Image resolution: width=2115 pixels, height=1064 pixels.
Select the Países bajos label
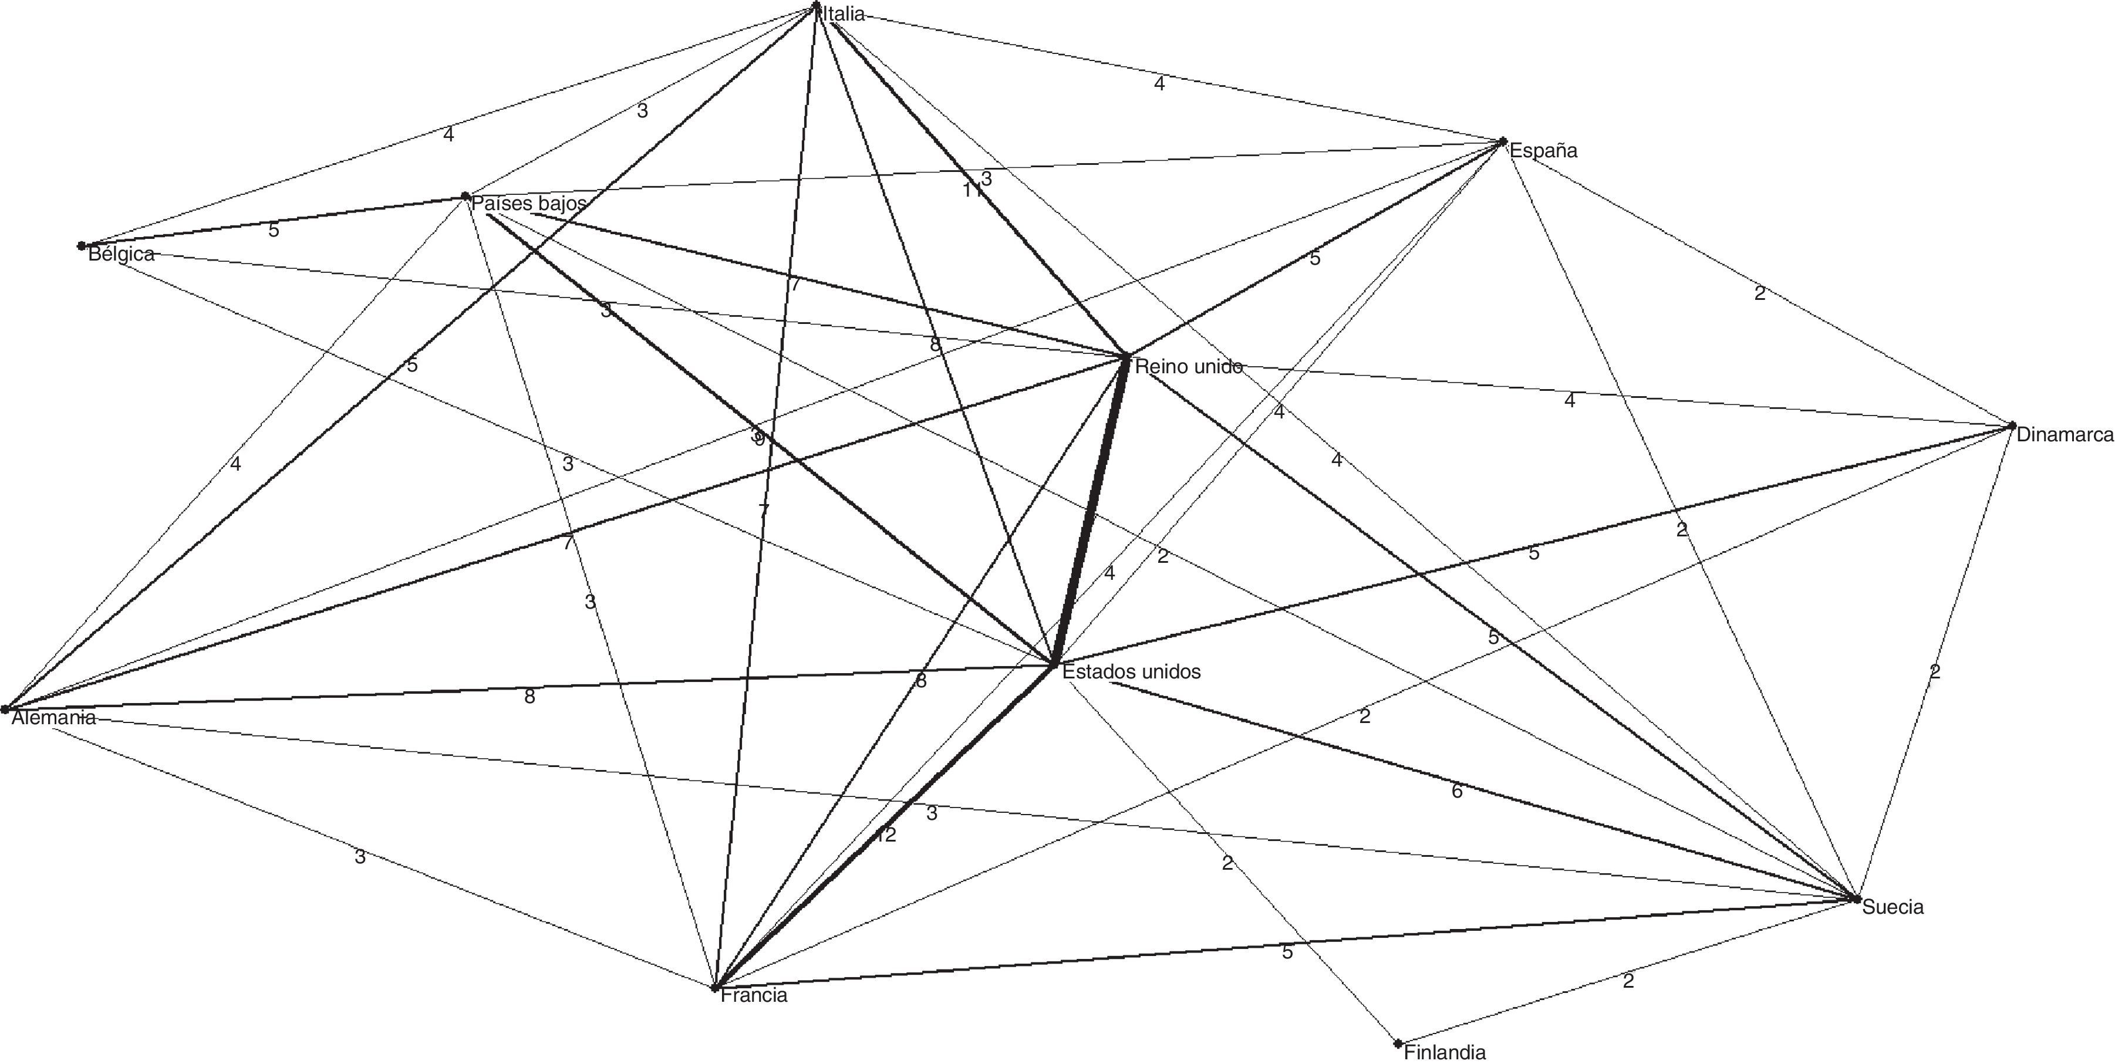point(529,203)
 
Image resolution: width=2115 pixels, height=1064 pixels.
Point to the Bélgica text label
point(122,254)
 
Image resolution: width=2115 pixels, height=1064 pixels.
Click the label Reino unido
point(1188,367)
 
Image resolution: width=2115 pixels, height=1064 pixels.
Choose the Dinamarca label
point(2064,435)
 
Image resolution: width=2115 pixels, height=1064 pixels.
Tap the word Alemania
point(53,718)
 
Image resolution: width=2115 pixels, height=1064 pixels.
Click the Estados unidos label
point(1131,671)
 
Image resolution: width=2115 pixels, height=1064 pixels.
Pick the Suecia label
point(1893,907)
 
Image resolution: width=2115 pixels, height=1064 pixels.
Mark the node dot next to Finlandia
point(1398,1044)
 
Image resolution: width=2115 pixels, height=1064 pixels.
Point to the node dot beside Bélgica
point(81,245)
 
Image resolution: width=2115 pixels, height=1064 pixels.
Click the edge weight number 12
point(885,836)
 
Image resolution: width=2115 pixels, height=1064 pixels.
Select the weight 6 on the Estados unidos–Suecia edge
point(1456,792)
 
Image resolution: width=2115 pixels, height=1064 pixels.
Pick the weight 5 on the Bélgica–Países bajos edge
point(274,231)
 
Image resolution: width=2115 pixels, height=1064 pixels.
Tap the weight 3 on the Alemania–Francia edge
point(360,857)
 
